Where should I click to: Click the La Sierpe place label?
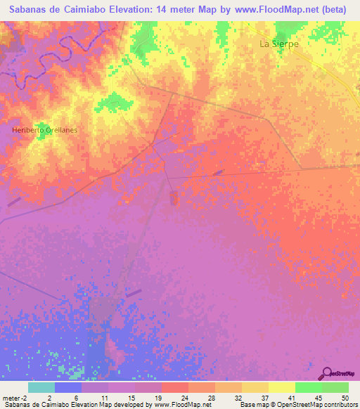(279, 44)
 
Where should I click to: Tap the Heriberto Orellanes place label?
(44, 130)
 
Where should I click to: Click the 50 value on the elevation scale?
(344, 397)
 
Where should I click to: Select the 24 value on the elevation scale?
(174, 397)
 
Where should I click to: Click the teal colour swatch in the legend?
(41, 387)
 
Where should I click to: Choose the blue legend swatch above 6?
(68, 387)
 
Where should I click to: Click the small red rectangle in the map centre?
(174, 199)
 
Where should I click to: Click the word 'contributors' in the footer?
(340, 405)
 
